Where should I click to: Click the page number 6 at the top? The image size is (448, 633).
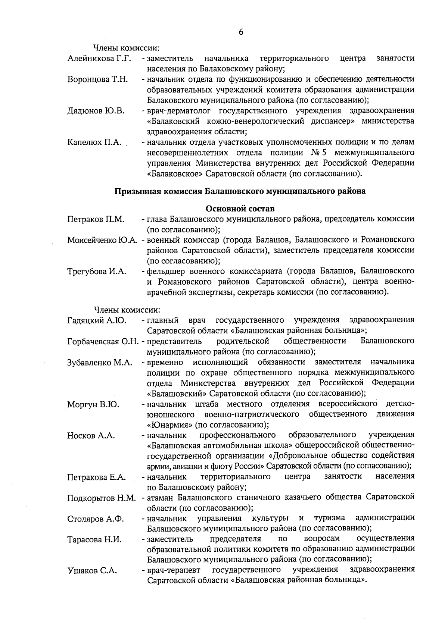point(241,32)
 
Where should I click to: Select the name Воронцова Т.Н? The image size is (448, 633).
point(97,79)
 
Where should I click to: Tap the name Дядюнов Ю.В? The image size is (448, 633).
point(96,111)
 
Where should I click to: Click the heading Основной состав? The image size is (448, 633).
point(240,209)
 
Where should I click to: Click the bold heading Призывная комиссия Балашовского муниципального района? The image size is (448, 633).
point(240,191)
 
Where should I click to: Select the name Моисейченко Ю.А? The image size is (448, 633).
point(101,240)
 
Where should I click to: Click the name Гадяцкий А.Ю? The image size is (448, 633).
point(97,320)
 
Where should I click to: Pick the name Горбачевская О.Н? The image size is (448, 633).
point(103,341)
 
